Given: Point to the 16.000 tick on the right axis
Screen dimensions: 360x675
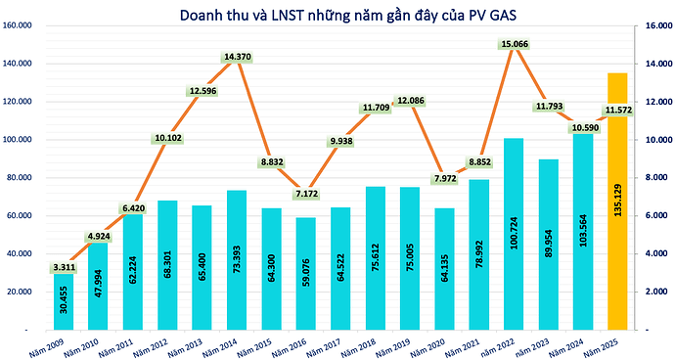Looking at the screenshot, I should click(x=652, y=25).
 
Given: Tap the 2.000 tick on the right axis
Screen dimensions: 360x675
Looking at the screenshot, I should click(x=651, y=292).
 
